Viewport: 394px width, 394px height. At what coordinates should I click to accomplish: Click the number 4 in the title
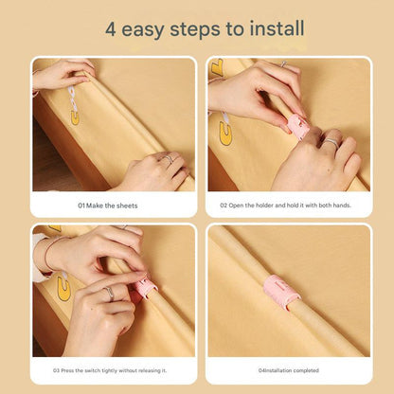pos(111,29)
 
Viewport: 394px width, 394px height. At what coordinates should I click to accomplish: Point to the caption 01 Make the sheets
pos(108,206)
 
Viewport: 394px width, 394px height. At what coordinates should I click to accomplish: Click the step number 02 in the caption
pos(224,206)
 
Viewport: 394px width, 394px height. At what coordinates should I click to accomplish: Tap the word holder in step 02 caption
pos(264,206)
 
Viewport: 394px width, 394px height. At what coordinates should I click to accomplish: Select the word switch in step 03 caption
pos(93,370)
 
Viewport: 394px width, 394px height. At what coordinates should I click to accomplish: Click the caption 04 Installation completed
pos(289,370)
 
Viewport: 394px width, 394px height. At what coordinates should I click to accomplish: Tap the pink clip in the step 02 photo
pos(297,127)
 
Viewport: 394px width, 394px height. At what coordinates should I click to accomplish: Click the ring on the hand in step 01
pos(169,158)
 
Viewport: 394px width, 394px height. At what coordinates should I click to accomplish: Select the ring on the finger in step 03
pos(109,293)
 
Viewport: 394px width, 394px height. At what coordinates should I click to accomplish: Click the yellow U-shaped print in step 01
pos(75,116)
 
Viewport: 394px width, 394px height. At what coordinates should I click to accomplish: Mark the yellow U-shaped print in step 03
pos(63,289)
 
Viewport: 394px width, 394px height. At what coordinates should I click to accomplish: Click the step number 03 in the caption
pos(56,370)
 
